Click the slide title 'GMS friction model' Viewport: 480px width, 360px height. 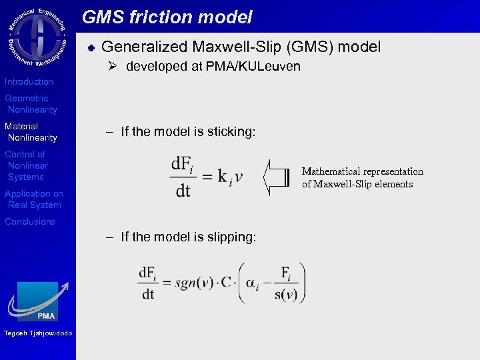click(x=167, y=17)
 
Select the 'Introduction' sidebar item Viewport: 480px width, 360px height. click(x=29, y=81)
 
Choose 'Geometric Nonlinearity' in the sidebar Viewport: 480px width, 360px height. click(x=31, y=104)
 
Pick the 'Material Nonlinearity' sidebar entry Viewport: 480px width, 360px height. click(x=31, y=132)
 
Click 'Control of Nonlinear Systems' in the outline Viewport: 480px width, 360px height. click(x=26, y=165)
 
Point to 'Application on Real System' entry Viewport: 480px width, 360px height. click(x=33, y=199)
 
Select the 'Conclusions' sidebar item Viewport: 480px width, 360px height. click(x=30, y=221)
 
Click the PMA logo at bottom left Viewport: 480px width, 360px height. click(x=38, y=301)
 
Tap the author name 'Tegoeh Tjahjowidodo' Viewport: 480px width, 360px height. click(x=37, y=333)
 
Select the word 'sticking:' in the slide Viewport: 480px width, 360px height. click(x=231, y=131)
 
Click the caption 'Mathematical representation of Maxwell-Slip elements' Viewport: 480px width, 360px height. click(x=362, y=177)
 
